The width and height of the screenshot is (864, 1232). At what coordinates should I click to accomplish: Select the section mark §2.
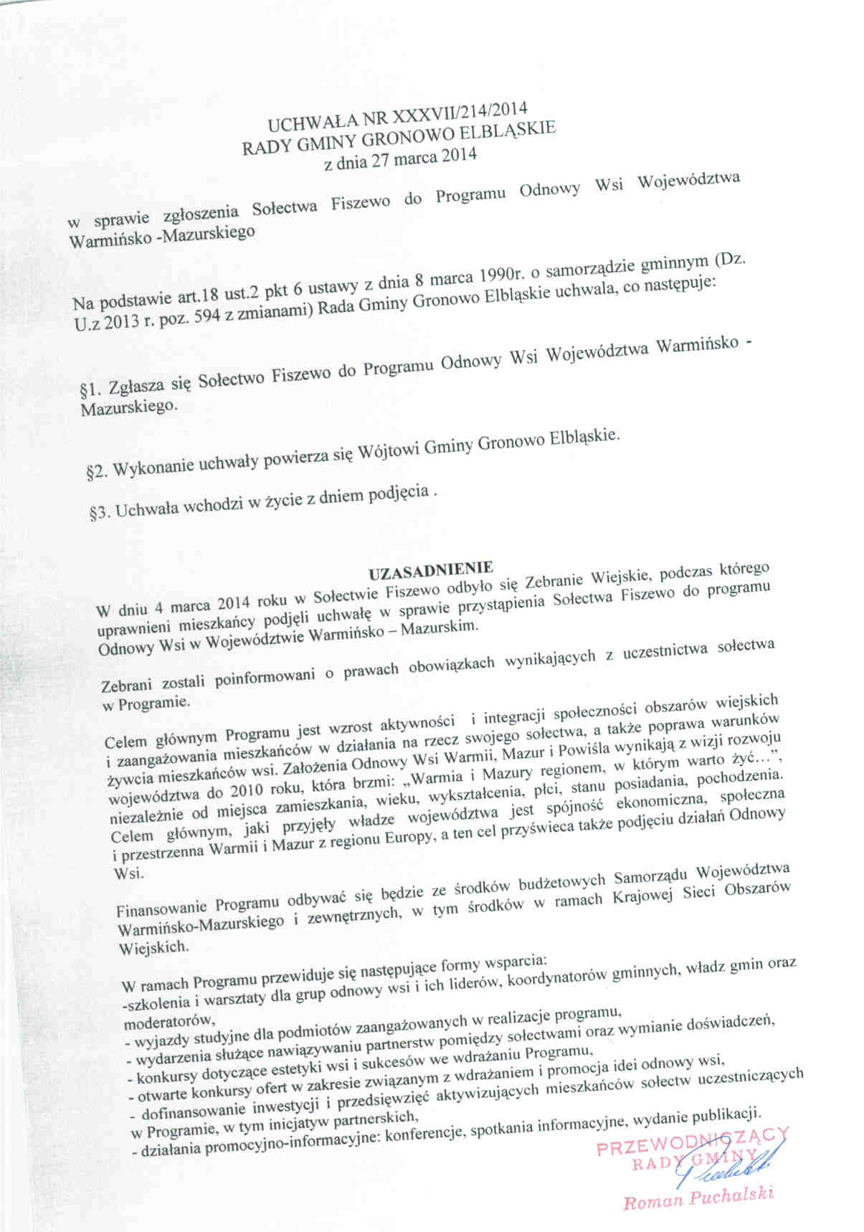click(96, 472)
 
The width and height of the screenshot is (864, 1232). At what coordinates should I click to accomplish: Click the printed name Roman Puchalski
click(698, 1196)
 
